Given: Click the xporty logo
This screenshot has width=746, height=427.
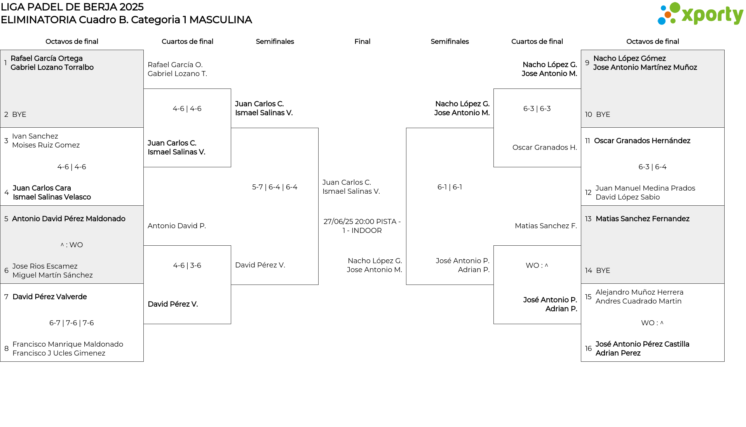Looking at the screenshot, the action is click(700, 14).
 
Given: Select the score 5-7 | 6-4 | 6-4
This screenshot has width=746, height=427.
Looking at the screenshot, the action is click(275, 187).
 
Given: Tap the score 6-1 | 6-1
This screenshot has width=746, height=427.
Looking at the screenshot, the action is click(450, 187).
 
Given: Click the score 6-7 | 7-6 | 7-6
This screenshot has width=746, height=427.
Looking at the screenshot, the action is click(71, 323).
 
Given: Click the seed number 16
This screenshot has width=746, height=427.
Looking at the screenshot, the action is click(588, 349).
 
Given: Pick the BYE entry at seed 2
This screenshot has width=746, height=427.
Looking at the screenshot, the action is click(19, 115).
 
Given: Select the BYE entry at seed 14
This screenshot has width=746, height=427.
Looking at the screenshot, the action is click(603, 271).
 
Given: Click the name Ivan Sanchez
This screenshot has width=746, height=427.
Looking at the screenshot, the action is click(35, 136).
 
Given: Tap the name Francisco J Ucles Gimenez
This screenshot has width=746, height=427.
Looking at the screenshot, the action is click(59, 353).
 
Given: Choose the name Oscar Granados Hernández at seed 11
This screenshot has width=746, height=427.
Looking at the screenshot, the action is click(642, 141).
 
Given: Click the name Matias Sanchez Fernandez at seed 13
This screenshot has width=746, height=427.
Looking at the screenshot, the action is click(642, 219).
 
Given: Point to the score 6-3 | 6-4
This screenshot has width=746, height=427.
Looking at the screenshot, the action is click(652, 167).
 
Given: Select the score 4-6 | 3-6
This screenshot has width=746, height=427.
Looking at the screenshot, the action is click(187, 266).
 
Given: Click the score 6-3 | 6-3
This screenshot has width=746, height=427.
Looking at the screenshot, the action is click(537, 109).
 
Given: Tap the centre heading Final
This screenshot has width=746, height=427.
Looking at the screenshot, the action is click(362, 42).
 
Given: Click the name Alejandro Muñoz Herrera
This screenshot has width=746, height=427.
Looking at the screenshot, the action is click(639, 292).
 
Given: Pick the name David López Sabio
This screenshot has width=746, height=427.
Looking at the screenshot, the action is click(627, 197).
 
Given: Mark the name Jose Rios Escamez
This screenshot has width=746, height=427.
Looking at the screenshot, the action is click(45, 266).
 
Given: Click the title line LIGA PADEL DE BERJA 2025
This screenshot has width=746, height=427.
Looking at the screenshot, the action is click(72, 7).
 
